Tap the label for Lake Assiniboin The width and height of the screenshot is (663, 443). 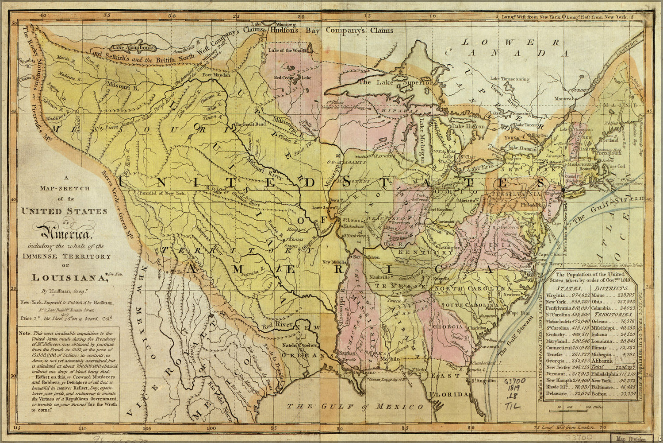[x=132, y=47]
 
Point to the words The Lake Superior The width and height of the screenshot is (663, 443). [x=395, y=82]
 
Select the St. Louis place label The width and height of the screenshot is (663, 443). [x=353, y=219]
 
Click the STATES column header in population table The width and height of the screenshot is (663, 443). [x=570, y=288]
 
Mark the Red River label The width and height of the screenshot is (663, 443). [x=278, y=326]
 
